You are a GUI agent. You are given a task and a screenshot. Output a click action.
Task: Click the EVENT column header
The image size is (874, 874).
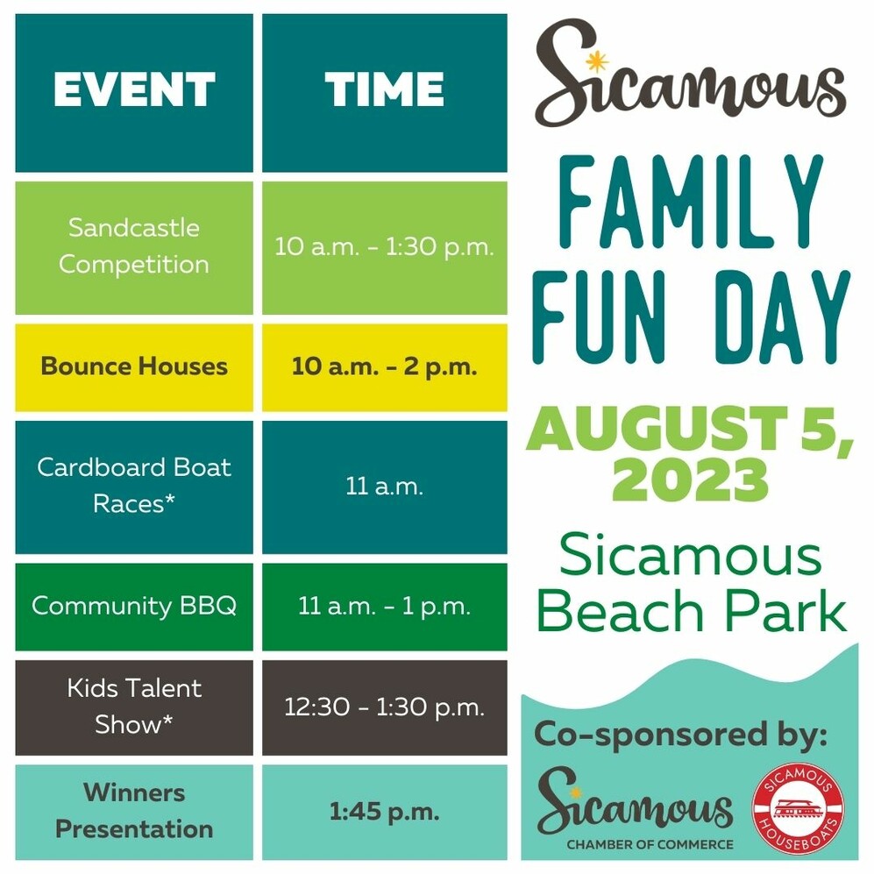click(x=134, y=93)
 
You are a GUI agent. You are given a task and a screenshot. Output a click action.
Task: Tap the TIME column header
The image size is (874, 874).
click(x=385, y=93)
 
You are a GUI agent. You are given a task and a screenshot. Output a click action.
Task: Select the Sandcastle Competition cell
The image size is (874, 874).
click(x=134, y=247)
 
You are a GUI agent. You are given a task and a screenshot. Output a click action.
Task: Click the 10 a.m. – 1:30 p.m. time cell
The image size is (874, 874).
click(x=385, y=247)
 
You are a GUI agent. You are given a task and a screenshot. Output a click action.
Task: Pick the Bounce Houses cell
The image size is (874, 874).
click(x=134, y=367)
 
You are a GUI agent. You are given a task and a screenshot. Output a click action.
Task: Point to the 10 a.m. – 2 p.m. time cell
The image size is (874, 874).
click(x=385, y=367)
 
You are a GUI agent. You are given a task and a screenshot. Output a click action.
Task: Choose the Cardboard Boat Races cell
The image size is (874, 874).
click(x=134, y=487)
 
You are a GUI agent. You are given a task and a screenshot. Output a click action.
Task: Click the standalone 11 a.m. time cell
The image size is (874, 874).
click(x=385, y=487)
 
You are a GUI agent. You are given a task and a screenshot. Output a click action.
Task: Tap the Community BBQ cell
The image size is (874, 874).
click(x=134, y=607)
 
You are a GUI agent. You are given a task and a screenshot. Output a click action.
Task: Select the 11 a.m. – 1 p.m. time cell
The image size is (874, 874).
click(x=385, y=607)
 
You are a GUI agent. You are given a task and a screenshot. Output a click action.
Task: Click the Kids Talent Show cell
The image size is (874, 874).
click(x=134, y=708)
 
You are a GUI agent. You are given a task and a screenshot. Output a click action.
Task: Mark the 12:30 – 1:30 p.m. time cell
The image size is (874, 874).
click(x=385, y=708)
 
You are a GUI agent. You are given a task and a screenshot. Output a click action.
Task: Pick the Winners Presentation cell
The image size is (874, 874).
click(x=134, y=812)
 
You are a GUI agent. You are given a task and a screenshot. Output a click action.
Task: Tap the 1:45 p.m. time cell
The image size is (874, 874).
click(x=385, y=812)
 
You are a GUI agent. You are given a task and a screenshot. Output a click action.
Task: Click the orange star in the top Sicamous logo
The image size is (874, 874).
click(x=597, y=62)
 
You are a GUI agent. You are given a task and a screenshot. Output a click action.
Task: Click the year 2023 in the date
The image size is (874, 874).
click(x=690, y=480)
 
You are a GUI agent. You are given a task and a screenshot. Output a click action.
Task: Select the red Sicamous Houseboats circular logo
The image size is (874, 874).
click(x=798, y=808)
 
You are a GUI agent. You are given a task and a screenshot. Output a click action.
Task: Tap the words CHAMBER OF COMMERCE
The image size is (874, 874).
click(x=650, y=844)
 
